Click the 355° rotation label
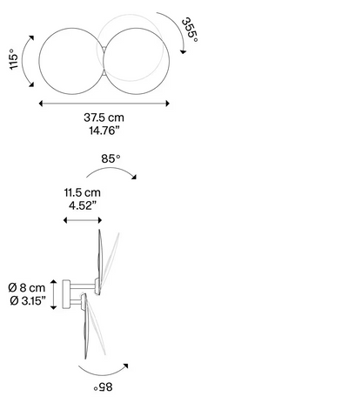tap(190, 30)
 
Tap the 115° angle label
tap(14, 59)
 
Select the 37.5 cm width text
tap(104, 118)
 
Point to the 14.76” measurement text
tap(104, 131)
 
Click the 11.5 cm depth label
tap(83, 192)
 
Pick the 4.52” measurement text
tap(83, 205)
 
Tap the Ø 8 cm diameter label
tap(27, 287)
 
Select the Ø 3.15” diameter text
tap(28, 300)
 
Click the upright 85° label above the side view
tap(111, 158)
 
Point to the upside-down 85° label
tap(103, 386)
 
